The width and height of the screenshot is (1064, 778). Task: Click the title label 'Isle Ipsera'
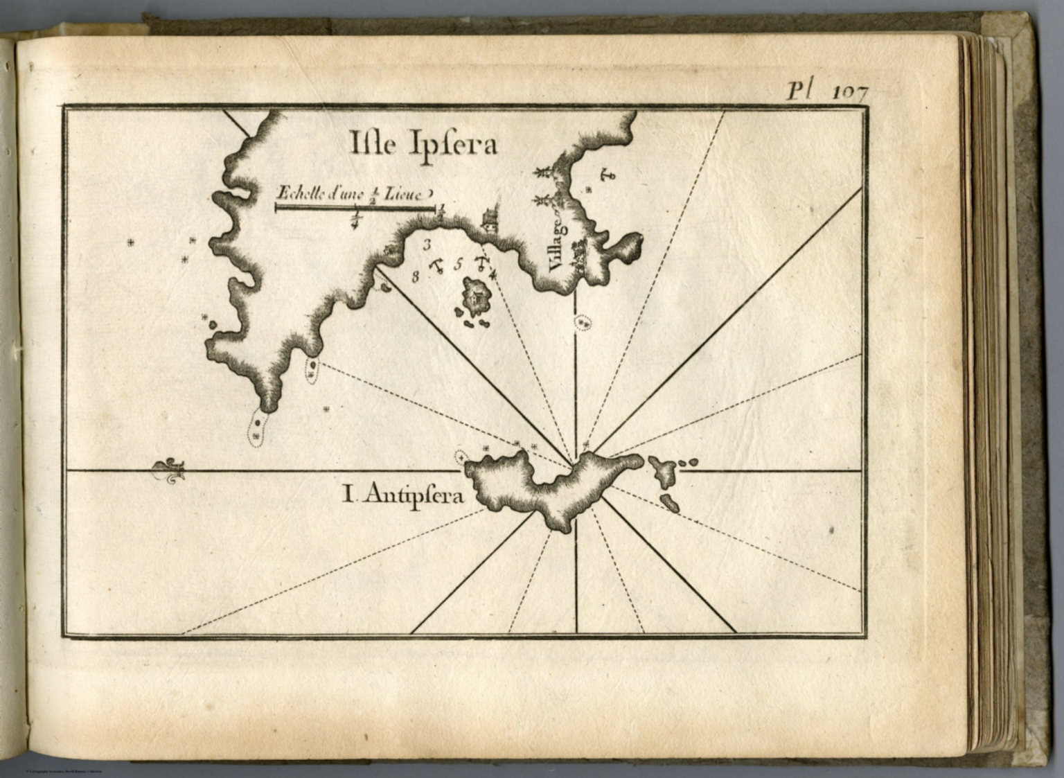click(423, 145)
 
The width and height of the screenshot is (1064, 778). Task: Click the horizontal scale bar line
click(355, 206)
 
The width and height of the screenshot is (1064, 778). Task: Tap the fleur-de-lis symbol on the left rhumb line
click(169, 470)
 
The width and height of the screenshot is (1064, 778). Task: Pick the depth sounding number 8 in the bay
click(415, 277)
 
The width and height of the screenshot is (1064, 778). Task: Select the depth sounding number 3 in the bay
click(427, 244)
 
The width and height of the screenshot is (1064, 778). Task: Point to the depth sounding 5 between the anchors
click(458, 264)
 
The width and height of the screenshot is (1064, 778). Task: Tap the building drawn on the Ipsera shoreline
click(489, 219)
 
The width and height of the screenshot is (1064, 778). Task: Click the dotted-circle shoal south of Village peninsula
click(583, 322)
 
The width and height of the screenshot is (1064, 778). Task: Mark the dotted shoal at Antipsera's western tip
click(460, 457)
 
